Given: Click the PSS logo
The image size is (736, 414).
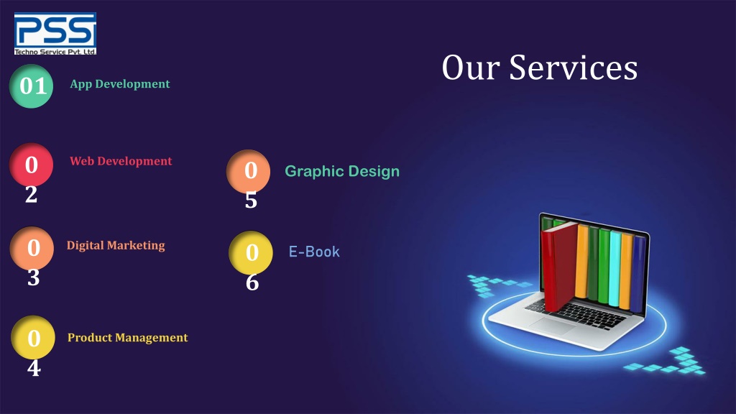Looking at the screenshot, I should coord(55,33).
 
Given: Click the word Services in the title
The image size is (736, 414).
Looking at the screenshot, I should coord(573,68).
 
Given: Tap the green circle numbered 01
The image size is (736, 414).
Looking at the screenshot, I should coord(32,86).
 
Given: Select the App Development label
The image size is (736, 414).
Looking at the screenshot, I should coord(120,84).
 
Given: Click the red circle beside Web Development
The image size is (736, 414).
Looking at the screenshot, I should coord(31,165).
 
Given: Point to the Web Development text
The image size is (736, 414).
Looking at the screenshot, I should coord(121,161).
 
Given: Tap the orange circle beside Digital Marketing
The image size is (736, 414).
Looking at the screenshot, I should coord(32,248).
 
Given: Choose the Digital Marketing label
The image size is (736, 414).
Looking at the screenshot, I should coord(116,245).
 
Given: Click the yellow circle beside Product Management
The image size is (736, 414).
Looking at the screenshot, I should coord(33,337).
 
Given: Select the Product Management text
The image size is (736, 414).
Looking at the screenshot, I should coord(127,338).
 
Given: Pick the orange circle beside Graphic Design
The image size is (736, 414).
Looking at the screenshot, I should coord(249,171).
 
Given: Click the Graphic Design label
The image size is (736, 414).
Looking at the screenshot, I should coord(342,172).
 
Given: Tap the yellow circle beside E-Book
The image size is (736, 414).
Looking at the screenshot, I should coord(251,252).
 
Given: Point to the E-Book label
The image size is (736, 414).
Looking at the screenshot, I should coord(314,252).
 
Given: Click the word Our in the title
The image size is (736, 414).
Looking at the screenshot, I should coord(471,68).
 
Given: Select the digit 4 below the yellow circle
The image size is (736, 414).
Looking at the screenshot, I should coord(34,369).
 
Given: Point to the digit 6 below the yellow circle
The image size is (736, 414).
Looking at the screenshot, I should coord(252,282).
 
